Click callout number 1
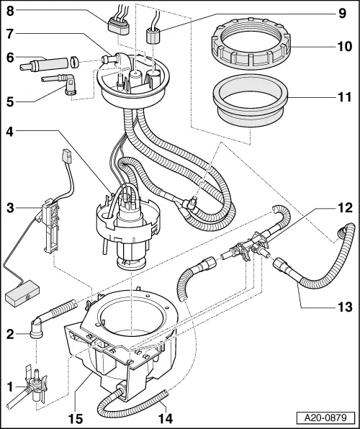coord(9,387)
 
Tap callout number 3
coord(9,208)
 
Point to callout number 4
coord(9,132)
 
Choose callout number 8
coord(9,11)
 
